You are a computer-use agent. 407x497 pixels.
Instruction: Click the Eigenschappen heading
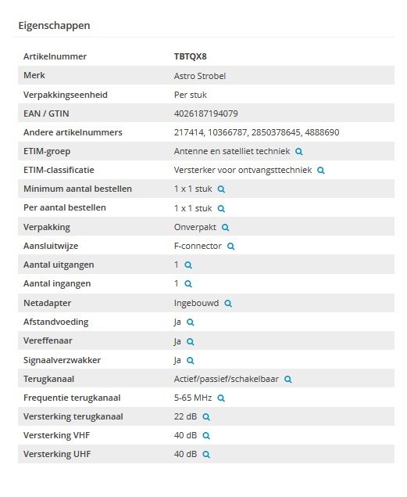[x=54, y=25]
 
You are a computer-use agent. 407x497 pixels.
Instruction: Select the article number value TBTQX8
[x=190, y=56]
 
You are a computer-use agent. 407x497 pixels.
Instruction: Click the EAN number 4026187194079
[x=205, y=113]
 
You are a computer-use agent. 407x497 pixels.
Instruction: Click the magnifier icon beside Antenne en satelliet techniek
[x=298, y=151]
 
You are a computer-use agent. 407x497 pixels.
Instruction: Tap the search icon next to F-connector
[x=230, y=246]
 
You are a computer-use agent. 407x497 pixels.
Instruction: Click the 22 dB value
[x=185, y=416]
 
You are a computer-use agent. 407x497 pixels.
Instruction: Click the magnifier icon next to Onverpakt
[x=225, y=227]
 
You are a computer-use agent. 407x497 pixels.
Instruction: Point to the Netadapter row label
[x=47, y=303]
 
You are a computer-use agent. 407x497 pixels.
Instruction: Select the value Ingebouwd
[x=197, y=303]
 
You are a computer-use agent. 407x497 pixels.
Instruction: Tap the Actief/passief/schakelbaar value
[x=227, y=379]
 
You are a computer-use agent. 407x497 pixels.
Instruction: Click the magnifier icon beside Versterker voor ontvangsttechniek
[x=320, y=170]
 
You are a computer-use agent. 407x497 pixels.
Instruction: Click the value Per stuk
[x=191, y=95]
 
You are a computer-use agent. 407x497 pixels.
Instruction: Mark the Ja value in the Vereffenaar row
[x=178, y=341]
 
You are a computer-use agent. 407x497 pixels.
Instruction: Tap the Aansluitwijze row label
[x=51, y=246]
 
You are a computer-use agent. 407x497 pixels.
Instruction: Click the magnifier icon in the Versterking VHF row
[x=206, y=435]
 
